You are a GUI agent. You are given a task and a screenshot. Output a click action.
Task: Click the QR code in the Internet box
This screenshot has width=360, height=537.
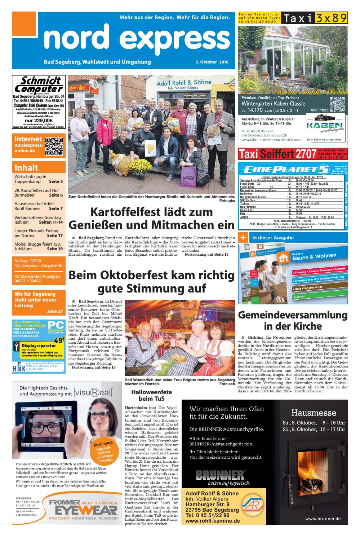click(54, 146)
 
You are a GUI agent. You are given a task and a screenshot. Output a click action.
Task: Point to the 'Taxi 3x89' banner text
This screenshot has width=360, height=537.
click(314, 18)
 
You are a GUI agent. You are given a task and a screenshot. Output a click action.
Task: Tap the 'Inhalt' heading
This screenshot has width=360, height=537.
click(26, 167)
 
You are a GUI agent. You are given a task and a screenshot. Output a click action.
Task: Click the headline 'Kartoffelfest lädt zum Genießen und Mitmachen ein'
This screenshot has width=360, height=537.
click(151, 218)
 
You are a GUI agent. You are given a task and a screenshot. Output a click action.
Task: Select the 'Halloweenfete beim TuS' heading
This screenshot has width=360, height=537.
click(151, 395)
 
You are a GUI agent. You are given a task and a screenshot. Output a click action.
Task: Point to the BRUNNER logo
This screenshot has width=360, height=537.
click(220, 475)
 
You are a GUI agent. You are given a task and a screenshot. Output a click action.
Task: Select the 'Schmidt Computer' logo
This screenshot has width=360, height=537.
click(39, 85)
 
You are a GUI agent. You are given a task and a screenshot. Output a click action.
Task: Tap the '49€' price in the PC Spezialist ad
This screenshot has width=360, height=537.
click(59, 340)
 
